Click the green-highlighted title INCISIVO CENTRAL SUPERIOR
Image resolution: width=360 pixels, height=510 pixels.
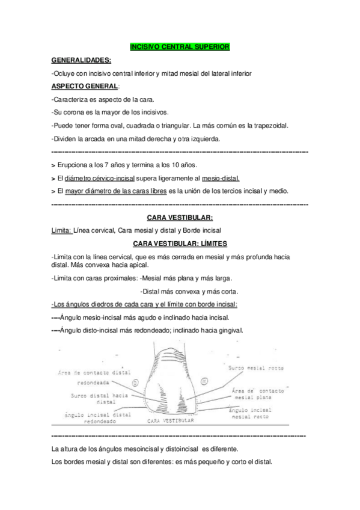[180, 46]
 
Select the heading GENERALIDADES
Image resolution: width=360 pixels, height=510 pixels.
[81, 60]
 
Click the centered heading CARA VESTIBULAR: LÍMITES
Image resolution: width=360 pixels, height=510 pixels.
[180, 244]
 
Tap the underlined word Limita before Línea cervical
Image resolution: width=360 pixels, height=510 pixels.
[63, 230]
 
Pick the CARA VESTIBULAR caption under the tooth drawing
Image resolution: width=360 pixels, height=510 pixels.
[170, 422]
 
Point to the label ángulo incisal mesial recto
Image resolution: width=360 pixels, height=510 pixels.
[250, 413]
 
